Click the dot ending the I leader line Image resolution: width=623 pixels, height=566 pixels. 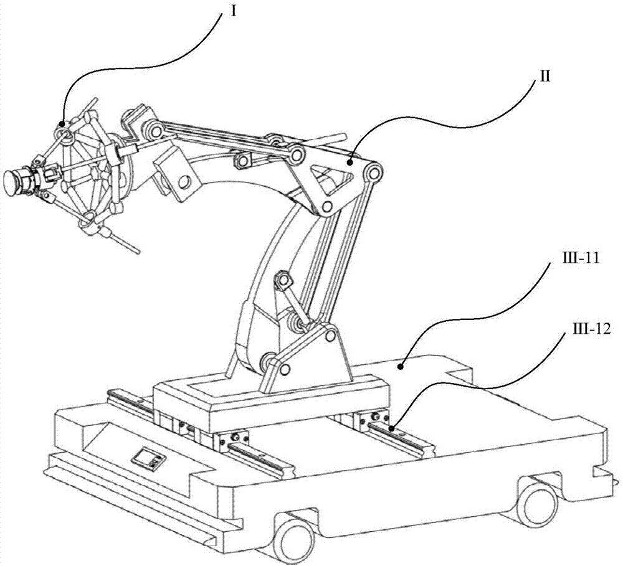coord(62,123)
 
